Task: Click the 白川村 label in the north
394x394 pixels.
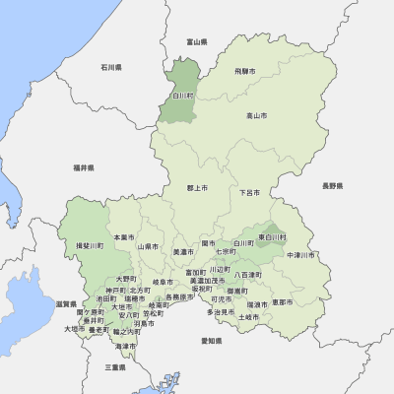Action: click(x=182, y=95)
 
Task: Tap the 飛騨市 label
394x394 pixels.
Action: click(x=245, y=71)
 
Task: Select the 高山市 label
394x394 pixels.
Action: click(x=256, y=116)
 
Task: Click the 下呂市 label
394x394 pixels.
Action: click(x=249, y=193)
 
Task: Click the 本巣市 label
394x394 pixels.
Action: click(x=123, y=236)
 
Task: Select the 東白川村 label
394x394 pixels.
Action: click(x=273, y=237)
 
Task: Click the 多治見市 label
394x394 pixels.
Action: click(x=221, y=312)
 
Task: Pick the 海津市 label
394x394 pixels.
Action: click(x=125, y=347)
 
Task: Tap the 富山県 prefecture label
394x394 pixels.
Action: click(x=197, y=42)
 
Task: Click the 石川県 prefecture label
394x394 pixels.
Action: click(x=110, y=68)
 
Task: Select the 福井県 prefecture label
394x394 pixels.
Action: click(x=83, y=168)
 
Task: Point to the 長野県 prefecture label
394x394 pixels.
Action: click(x=332, y=186)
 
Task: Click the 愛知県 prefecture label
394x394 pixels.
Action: click(x=211, y=340)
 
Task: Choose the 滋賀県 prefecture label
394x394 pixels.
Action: click(x=66, y=303)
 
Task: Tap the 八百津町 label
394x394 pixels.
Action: click(x=248, y=274)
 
